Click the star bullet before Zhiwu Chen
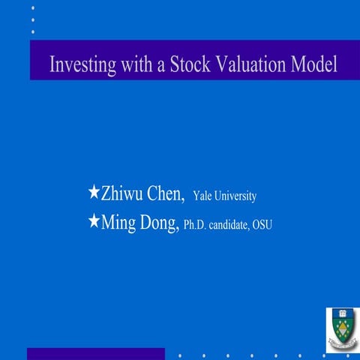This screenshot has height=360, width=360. [94, 193]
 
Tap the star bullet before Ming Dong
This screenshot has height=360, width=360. [94, 220]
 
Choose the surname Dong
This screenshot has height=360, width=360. [158, 223]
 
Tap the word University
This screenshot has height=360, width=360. [236, 196]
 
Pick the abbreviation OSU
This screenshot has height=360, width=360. [262, 225]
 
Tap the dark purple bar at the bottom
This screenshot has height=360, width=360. [95, 354]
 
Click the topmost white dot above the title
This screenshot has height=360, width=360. [32, 8]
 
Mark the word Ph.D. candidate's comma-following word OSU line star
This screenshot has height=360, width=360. [94, 220]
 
